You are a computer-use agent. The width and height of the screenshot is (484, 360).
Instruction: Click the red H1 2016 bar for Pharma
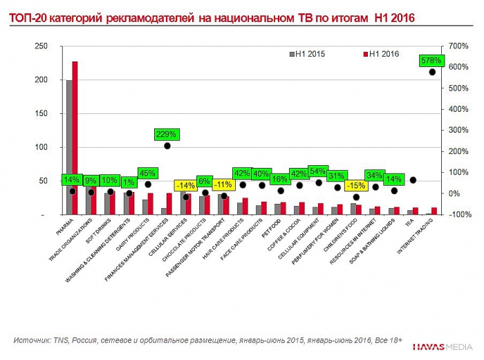point(75,138)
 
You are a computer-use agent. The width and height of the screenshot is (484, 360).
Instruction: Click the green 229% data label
point(167,134)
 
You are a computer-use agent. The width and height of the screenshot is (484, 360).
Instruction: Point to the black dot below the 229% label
point(167,146)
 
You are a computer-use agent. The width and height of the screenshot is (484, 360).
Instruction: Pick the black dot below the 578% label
point(432,72)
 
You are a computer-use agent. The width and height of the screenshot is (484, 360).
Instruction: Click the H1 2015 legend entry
point(308,53)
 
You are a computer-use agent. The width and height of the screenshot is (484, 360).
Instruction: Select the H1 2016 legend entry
point(382,53)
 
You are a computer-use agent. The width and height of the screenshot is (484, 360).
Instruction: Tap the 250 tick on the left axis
point(41,46)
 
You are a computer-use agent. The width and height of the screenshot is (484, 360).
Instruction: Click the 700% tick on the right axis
point(459,46)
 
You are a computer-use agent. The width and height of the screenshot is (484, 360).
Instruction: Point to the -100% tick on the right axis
point(459,215)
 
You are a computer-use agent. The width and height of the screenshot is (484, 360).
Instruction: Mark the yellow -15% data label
point(356,186)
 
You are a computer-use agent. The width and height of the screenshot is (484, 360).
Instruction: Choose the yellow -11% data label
point(223,184)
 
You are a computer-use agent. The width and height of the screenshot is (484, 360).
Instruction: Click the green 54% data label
point(318,171)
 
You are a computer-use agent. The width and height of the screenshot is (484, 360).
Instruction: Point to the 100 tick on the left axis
point(41,147)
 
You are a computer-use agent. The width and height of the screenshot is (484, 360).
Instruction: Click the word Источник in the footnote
point(32,340)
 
